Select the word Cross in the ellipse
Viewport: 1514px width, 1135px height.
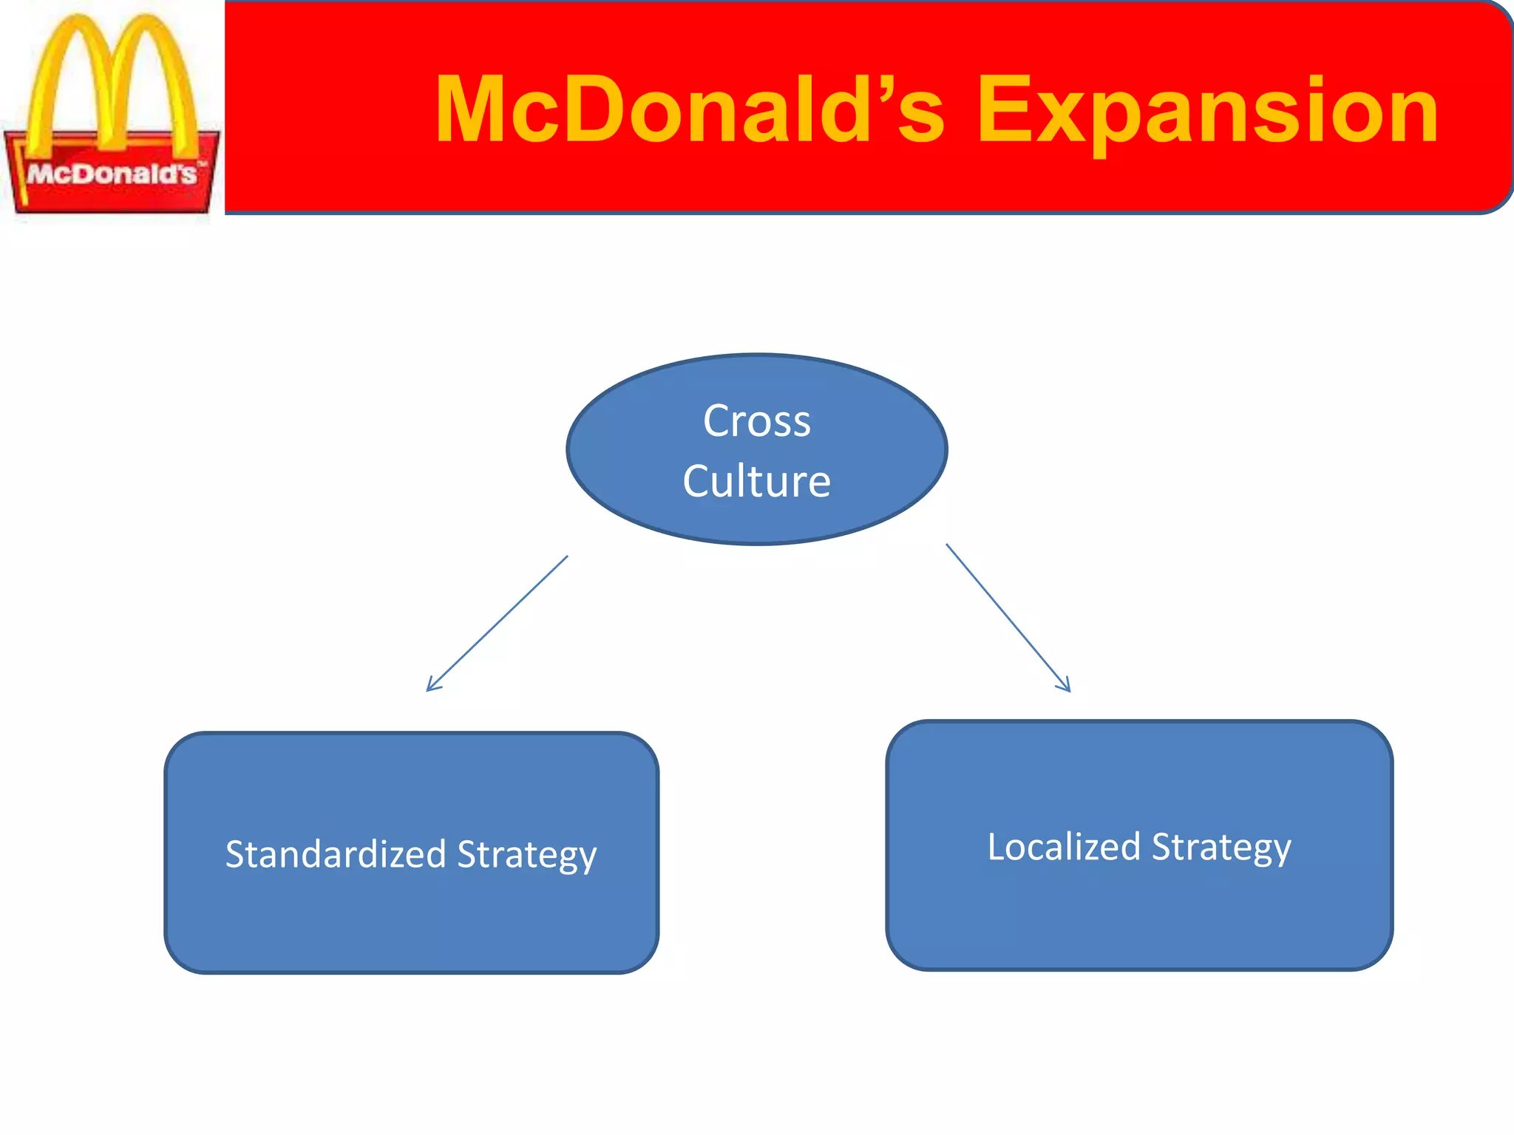point(756,421)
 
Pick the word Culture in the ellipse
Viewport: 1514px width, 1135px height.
point(756,482)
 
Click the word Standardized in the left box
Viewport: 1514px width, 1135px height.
point(336,854)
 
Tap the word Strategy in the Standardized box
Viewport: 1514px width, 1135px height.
point(526,856)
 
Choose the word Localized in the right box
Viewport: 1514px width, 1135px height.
point(1064,847)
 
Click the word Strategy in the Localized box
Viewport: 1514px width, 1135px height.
point(1221,848)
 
